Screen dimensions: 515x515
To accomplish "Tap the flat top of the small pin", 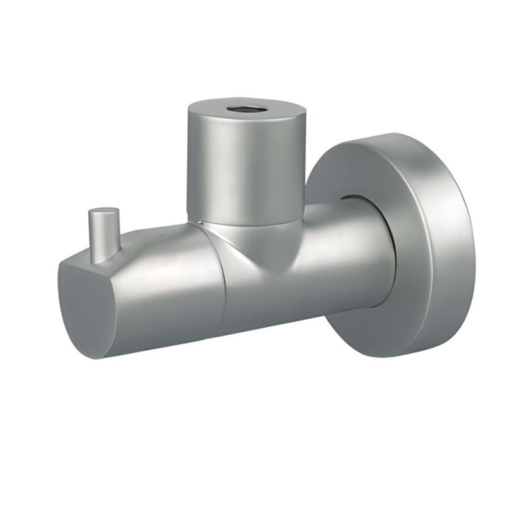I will tap(103, 210).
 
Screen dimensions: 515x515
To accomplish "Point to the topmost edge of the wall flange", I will tap(393, 135).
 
